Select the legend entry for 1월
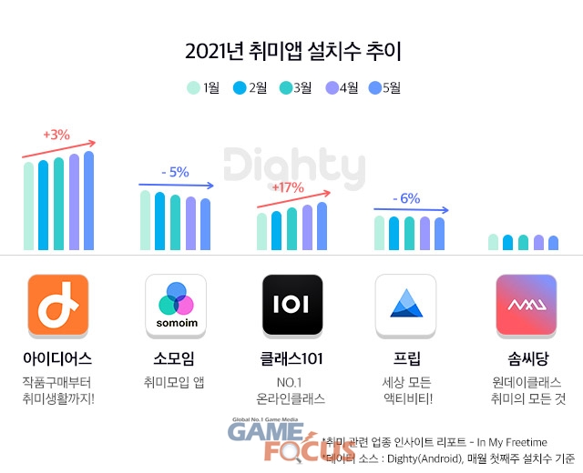pos(203,88)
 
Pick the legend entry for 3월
pos(295,88)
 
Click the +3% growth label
pos(56,135)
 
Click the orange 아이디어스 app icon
pos(58,305)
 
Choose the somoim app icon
pos(176,305)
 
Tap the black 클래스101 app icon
pos(291,305)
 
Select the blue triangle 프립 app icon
pos(406,305)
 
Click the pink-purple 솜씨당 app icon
pos(526,305)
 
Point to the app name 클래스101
pos(291,358)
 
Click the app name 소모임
pos(176,358)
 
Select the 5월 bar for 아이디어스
pos(88,200)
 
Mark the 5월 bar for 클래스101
pos(322,226)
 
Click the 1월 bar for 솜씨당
pos(494,242)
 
